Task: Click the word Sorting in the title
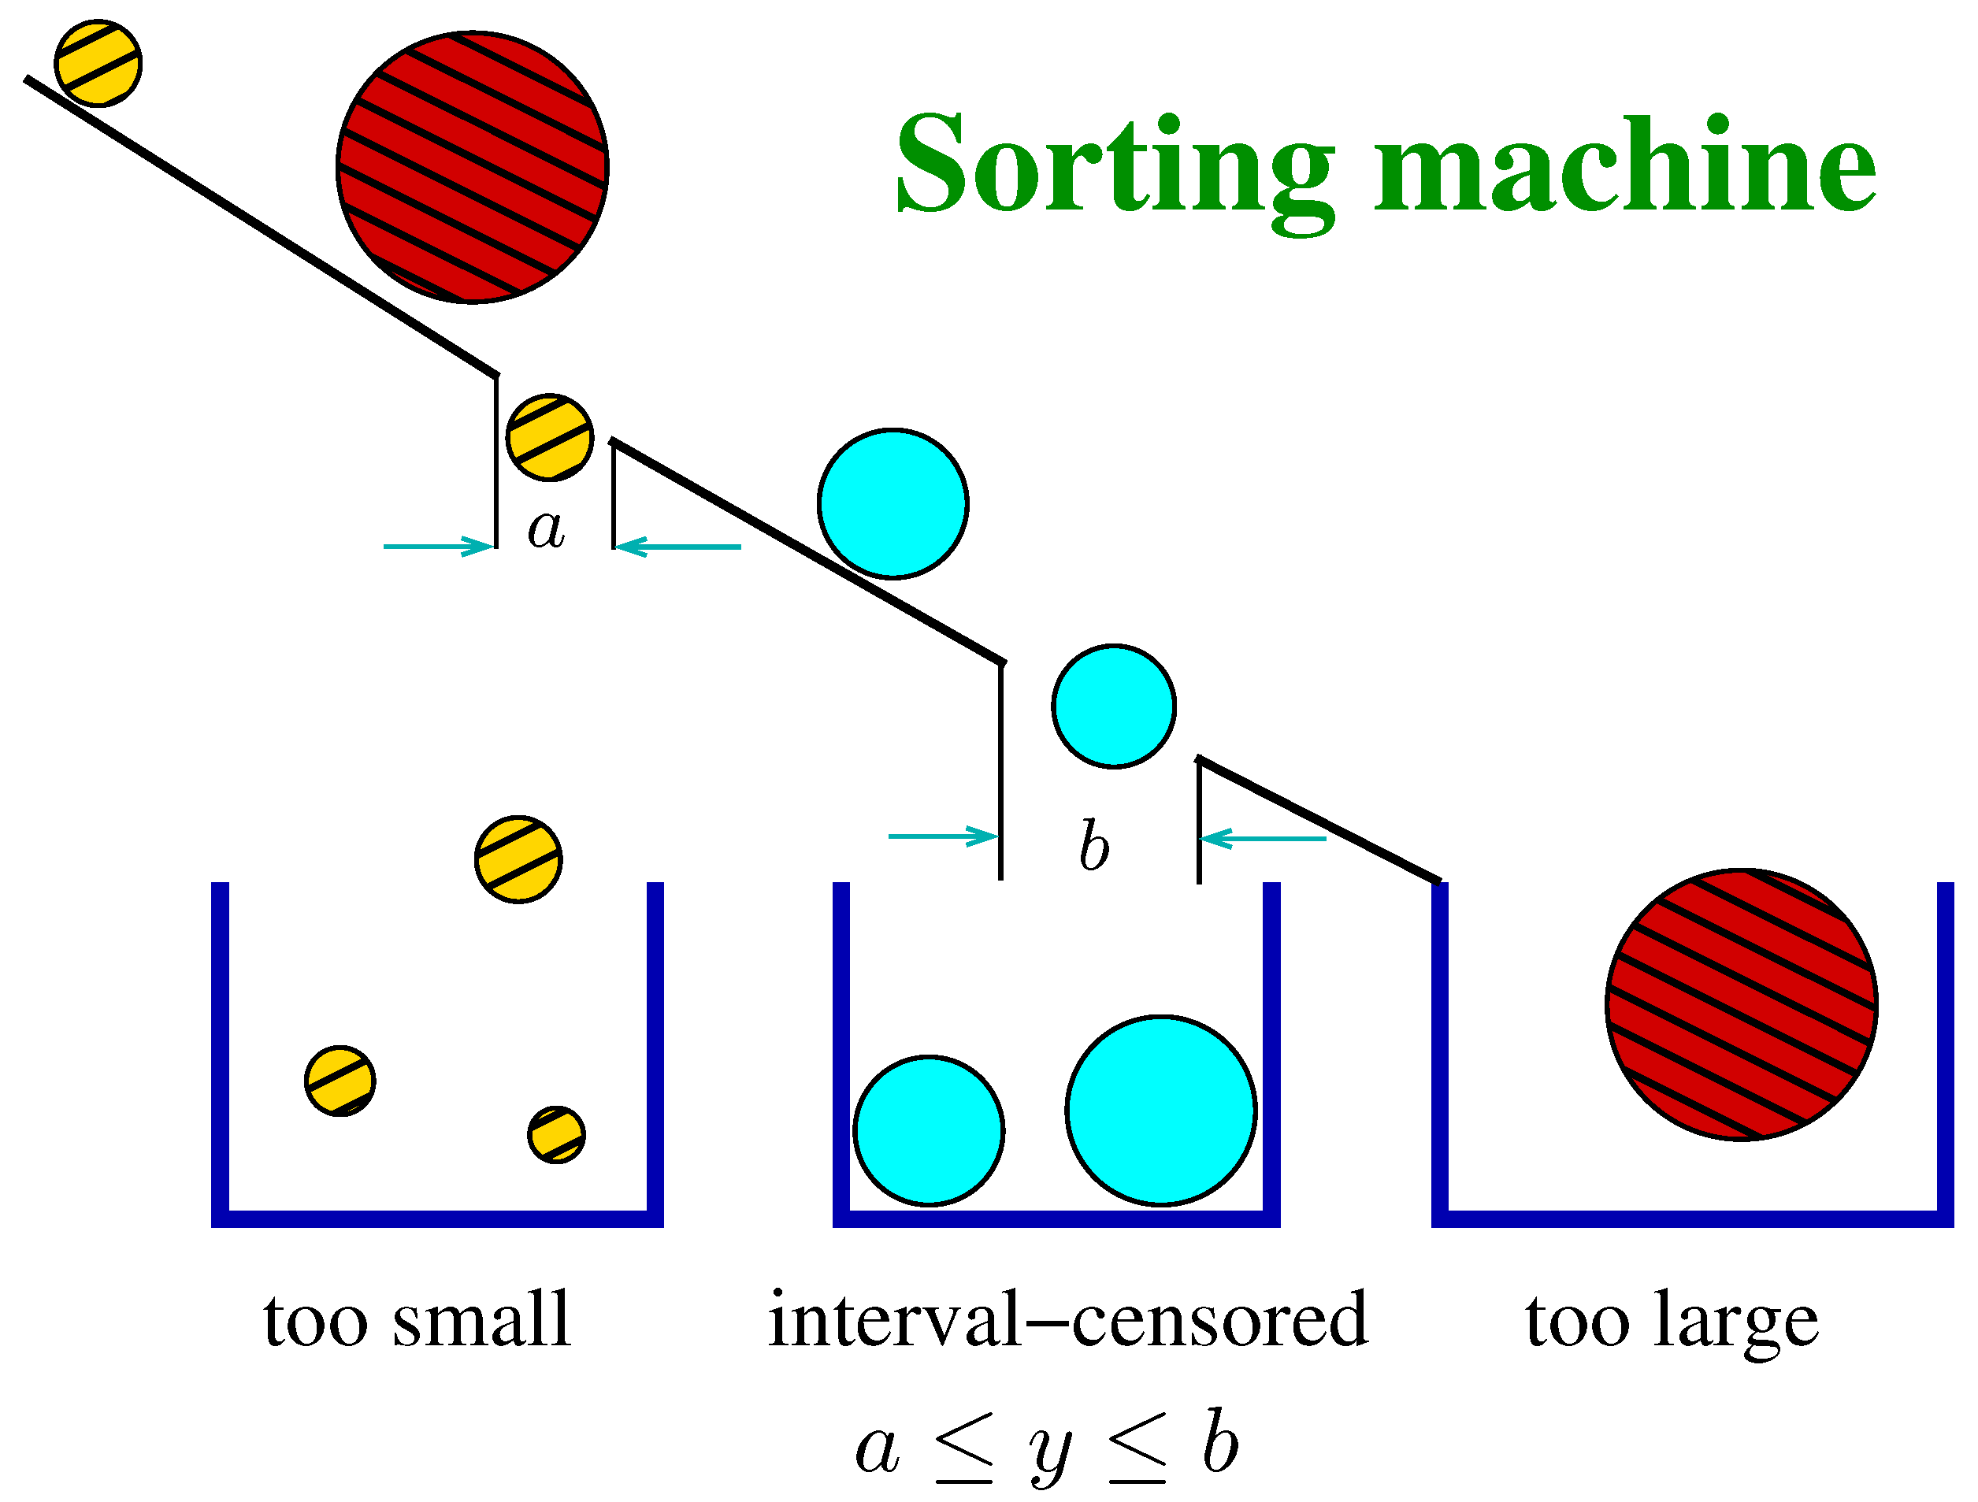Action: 1113,165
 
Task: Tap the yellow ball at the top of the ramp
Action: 98,62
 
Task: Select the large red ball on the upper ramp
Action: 472,167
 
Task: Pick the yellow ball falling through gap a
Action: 549,437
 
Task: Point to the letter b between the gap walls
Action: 1093,846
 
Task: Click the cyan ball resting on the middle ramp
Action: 893,503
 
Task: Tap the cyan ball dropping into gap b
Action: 1113,706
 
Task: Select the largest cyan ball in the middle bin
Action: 1160,1111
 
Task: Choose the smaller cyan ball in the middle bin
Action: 928,1131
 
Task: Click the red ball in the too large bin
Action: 1741,1004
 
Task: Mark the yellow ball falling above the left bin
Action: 518,859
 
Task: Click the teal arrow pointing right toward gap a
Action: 438,547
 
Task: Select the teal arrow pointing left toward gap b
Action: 1263,839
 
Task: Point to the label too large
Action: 1672,1322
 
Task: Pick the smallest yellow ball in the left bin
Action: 556,1134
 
